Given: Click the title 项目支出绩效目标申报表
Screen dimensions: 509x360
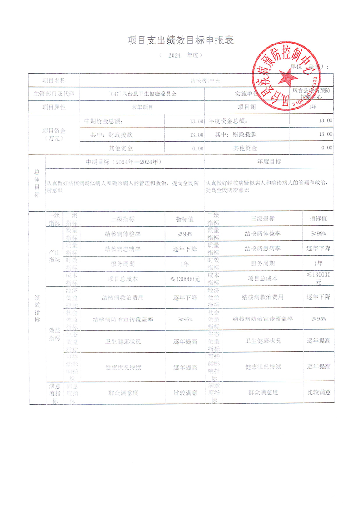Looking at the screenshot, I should (180, 40).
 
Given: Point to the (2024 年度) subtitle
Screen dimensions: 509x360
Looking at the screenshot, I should (181, 55).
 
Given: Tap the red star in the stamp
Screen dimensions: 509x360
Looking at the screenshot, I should (286, 76).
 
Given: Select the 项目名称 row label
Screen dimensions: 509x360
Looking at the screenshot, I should (54, 80).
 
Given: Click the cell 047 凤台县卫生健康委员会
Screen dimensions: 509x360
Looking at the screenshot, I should (143, 94).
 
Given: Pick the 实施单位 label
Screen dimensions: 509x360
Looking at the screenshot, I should (247, 94).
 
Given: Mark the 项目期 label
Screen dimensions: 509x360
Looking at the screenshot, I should (247, 108).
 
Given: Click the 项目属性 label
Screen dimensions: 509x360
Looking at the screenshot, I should (54, 108).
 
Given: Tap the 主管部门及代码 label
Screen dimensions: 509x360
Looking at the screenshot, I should (54, 94).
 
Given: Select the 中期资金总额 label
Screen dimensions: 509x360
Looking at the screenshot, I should (104, 121).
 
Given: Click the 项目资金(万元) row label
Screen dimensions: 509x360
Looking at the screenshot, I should (54, 134).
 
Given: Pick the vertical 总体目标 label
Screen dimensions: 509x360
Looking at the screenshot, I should (37, 183).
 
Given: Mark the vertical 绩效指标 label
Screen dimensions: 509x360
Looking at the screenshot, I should (37, 309).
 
